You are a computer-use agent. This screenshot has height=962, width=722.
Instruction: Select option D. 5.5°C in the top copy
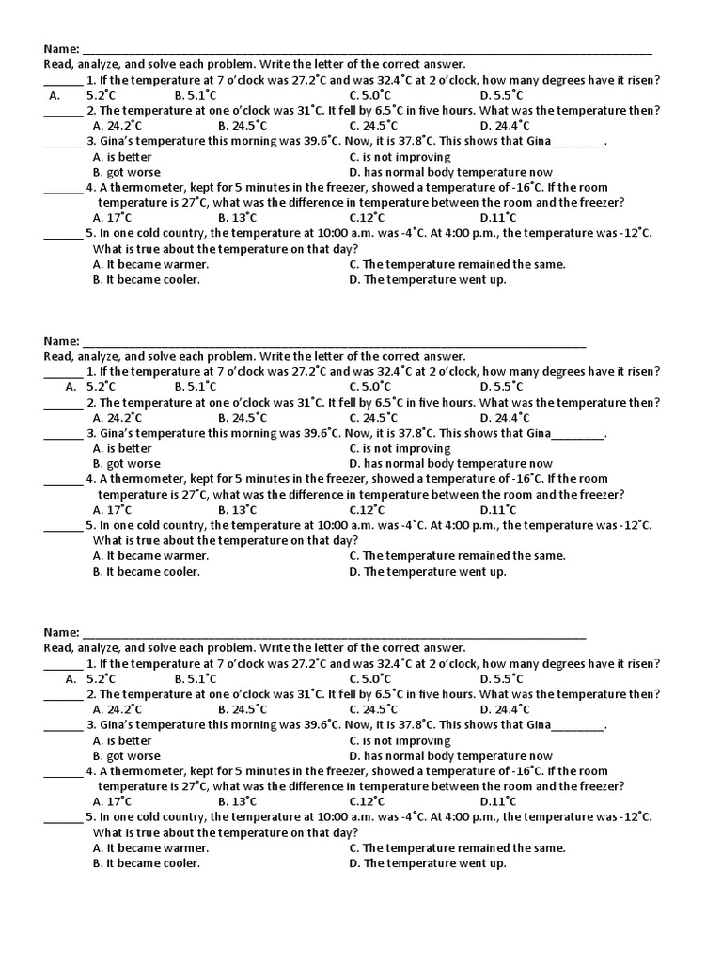pos(501,95)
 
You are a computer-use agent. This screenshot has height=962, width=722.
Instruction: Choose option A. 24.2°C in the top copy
pos(118,125)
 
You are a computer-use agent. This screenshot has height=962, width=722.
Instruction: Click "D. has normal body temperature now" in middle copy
pos(450,464)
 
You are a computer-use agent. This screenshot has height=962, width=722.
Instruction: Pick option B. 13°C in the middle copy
pos(237,509)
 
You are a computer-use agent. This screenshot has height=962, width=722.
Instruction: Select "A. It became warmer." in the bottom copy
pos(150,847)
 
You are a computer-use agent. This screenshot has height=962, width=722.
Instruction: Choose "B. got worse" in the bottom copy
pos(126,755)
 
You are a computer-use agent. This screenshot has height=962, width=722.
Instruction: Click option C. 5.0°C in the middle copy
pos(369,386)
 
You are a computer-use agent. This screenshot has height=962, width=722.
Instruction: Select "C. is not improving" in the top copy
pos(400,157)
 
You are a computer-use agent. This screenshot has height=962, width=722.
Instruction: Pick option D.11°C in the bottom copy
pos(497,801)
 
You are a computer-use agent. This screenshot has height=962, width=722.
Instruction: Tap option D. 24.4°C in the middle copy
pos(504,417)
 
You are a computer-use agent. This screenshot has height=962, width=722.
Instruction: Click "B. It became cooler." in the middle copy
pos(146,571)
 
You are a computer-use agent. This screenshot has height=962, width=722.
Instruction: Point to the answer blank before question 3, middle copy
pos(63,435)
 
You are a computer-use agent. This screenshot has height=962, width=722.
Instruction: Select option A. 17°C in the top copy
pos(112,218)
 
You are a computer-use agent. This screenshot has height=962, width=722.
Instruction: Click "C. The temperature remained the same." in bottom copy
pos(457,847)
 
